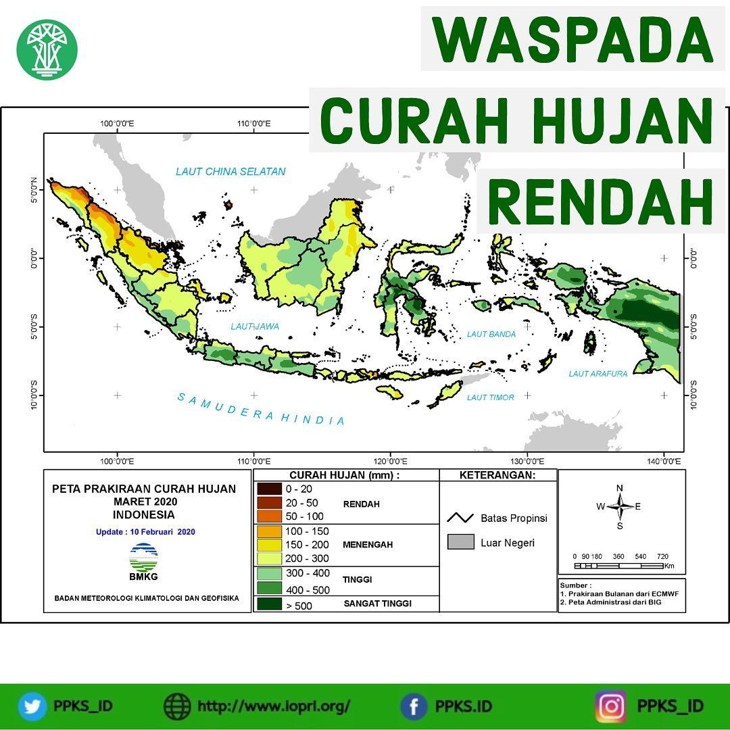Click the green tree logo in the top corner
pyautogui.click(x=47, y=49)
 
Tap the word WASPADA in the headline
pyautogui.click(x=573, y=40)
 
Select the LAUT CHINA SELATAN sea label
pyautogui.click(x=230, y=171)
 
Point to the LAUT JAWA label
pyautogui.click(x=255, y=326)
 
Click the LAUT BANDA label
pyautogui.click(x=491, y=334)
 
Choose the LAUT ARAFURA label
pyautogui.click(x=598, y=373)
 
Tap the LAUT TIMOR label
pyautogui.click(x=490, y=397)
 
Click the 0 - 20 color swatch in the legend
pyautogui.click(x=269, y=489)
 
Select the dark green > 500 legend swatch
pyautogui.click(x=269, y=604)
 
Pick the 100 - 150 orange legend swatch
pyautogui.click(x=269, y=531)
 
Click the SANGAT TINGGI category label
pyautogui.click(x=378, y=604)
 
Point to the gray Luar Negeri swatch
pyautogui.click(x=460, y=542)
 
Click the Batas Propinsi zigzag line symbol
pyautogui.click(x=460, y=518)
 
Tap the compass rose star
pyautogui.click(x=620, y=506)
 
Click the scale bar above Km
pyautogui.click(x=618, y=566)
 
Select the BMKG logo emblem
pyautogui.click(x=143, y=557)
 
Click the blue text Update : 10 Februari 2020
pyautogui.click(x=145, y=532)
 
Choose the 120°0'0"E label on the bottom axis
pyautogui.click(x=390, y=462)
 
